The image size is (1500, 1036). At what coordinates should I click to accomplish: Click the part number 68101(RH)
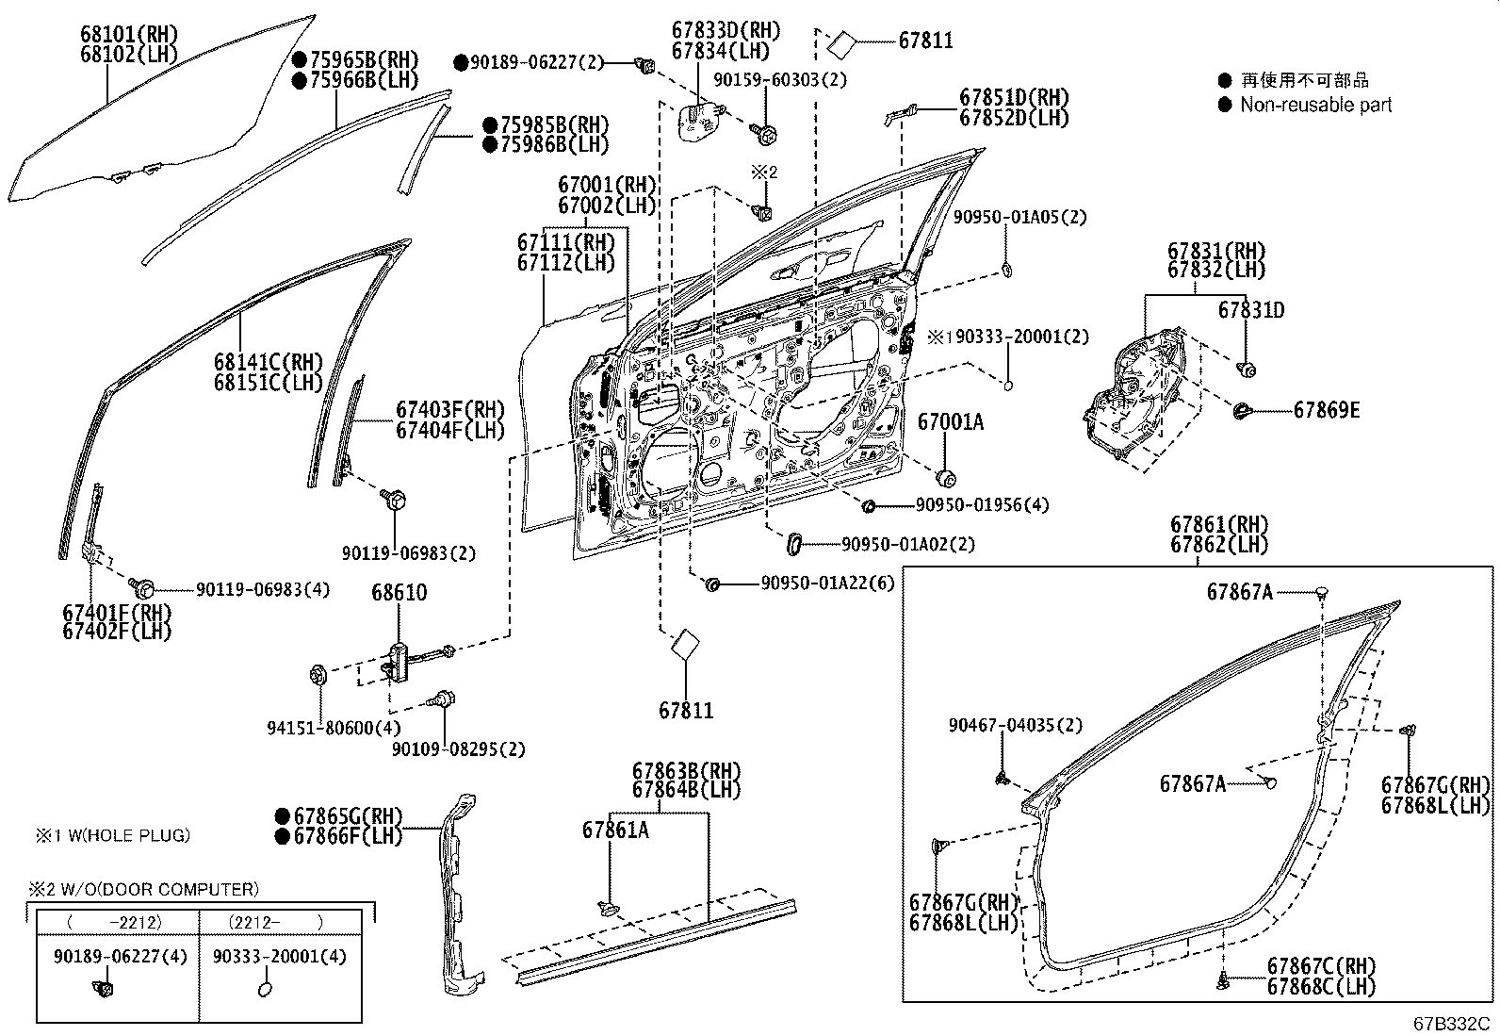pos(130,35)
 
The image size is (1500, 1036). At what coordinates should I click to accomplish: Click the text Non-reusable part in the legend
pos(1315,105)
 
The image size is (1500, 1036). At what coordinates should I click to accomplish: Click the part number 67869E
pos(1326,410)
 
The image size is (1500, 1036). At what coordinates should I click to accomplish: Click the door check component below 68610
pos(399,658)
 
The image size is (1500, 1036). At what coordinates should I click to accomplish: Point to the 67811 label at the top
pos(925,40)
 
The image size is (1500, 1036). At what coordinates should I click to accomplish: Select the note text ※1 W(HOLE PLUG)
pos(113,834)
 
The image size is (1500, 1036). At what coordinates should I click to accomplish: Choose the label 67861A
pos(615,830)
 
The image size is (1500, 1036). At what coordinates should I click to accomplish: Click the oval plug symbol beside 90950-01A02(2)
pos(793,544)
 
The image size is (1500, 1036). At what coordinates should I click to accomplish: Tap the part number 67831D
pos(1250,310)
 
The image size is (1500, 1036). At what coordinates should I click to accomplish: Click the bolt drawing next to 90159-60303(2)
pos(764,135)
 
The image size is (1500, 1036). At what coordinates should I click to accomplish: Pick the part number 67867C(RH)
pos(1321,966)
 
